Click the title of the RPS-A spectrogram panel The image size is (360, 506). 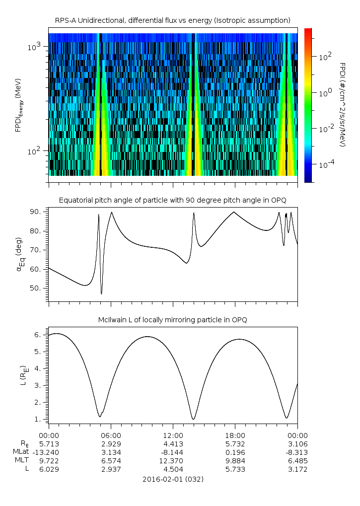point(172,20)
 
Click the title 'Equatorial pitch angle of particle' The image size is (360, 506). point(172,200)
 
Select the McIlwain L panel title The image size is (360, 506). point(172,320)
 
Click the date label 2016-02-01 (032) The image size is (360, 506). point(172,480)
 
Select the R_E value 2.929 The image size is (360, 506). point(110,443)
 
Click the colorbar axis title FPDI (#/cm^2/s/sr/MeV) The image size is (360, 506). point(342,104)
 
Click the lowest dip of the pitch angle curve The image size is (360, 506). point(101,294)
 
